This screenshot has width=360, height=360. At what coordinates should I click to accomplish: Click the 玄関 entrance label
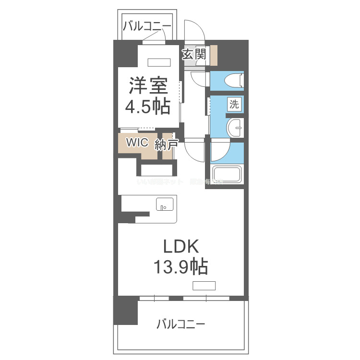coord(193,54)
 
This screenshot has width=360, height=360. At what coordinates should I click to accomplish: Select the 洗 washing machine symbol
coord(234,104)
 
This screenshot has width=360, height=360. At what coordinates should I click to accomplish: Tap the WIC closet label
coord(137,143)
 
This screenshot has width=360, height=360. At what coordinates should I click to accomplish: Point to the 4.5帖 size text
coord(147,107)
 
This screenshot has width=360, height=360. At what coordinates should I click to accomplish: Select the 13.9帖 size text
coord(180,266)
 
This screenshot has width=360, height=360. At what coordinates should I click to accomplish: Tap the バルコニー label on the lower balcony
coord(181,324)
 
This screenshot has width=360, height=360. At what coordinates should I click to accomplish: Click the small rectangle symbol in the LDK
coord(204,286)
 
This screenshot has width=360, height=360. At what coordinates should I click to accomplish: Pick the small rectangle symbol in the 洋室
coord(158,62)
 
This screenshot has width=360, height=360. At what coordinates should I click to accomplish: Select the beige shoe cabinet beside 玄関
coord(213,55)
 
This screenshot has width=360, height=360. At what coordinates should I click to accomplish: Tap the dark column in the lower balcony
coord(125,311)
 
